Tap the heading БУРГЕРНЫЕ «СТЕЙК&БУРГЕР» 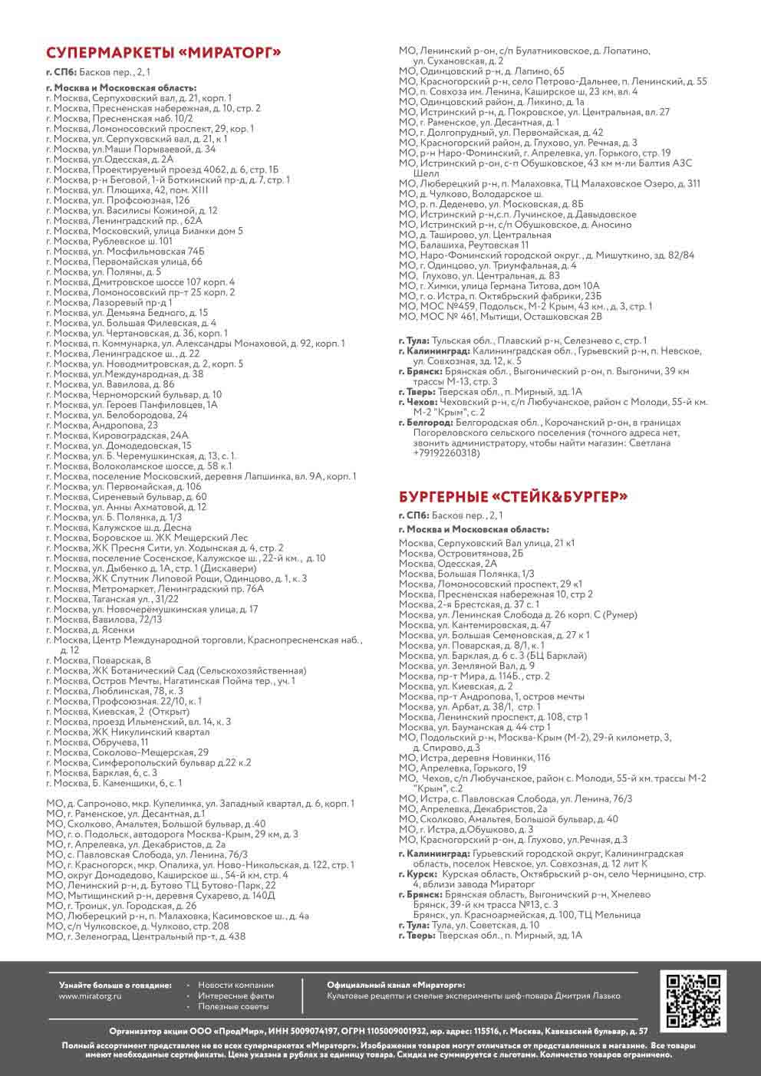coord(513,497)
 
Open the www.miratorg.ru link coord(91,996)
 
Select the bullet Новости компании coord(236,986)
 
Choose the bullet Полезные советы coord(233,1006)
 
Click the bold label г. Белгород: coord(426,423)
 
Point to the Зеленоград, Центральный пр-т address coord(146,936)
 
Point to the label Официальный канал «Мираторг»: coord(396,986)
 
